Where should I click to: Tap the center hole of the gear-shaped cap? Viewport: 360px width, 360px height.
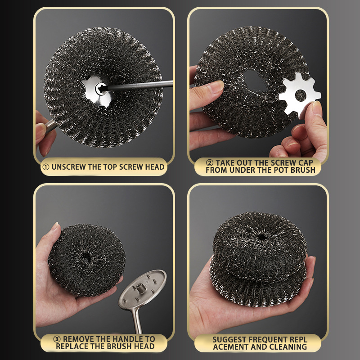(x=301, y=95)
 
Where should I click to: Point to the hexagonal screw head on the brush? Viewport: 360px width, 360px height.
(x=100, y=89)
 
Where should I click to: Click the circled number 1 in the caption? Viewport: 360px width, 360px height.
(x=46, y=167)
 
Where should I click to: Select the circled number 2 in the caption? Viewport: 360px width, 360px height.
(x=209, y=163)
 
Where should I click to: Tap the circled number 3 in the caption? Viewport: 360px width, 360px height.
(x=57, y=339)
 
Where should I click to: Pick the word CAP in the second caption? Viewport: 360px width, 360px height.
(x=306, y=163)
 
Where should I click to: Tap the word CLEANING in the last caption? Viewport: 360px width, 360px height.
(x=288, y=346)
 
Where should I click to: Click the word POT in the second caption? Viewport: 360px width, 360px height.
(x=281, y=170)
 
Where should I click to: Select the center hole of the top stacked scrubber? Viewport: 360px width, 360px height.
(x=261, y=237)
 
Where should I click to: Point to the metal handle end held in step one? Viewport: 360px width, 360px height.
(x=50, y=126)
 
